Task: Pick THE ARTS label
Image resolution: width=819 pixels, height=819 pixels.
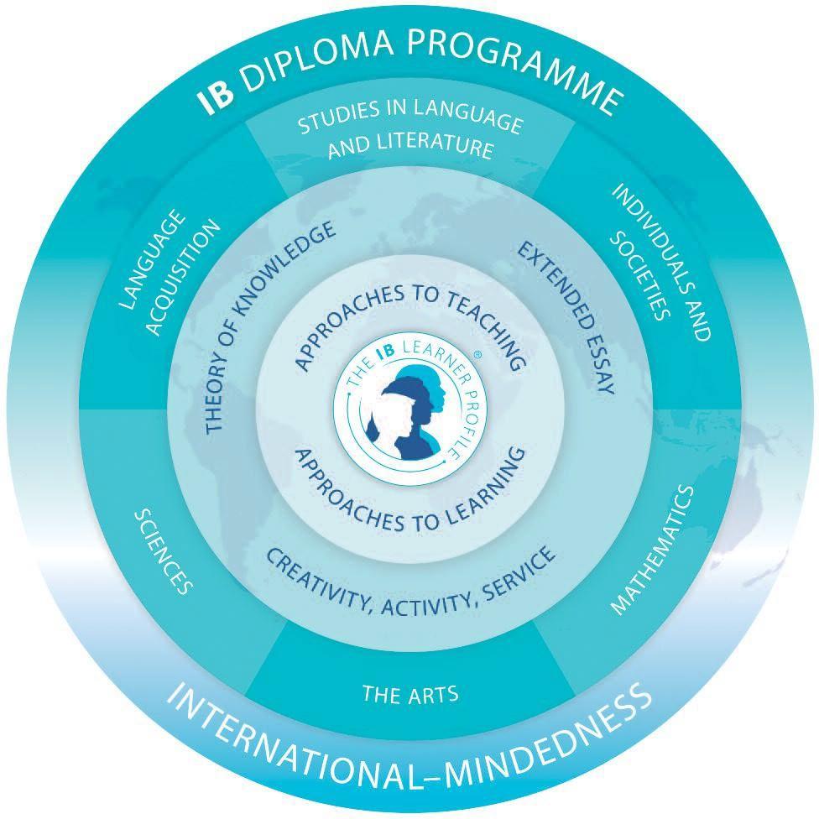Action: (x=409, y=695)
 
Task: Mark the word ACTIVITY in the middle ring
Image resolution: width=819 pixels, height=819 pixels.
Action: (x=420, y=605)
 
